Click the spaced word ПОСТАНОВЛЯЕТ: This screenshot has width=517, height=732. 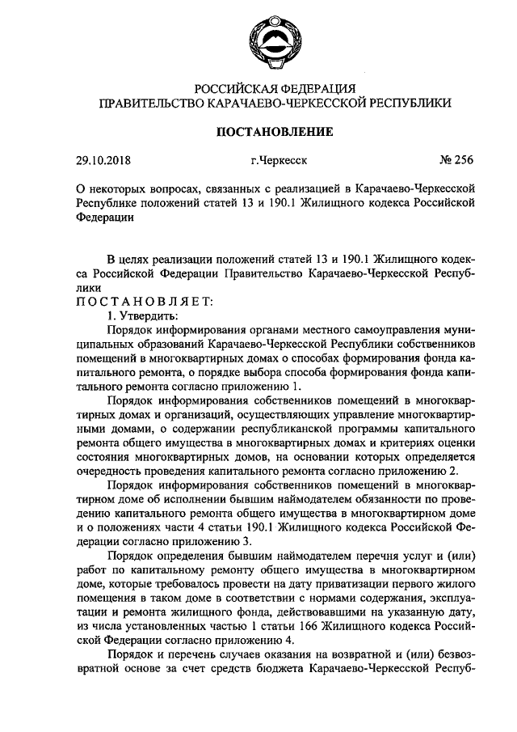[145, 302]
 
